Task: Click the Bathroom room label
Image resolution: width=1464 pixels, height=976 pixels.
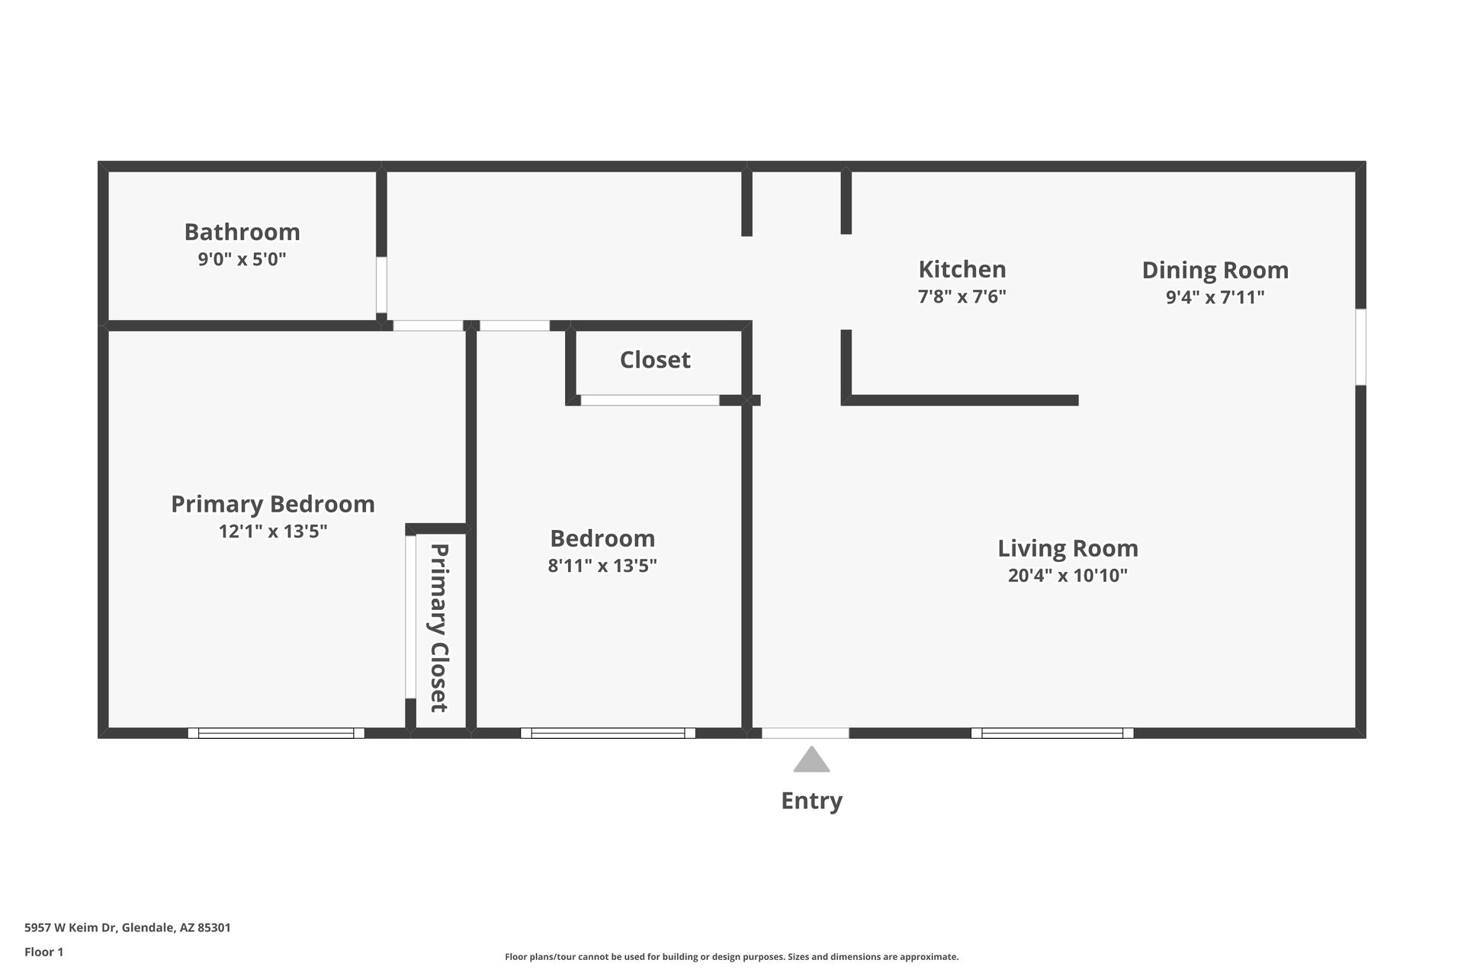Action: (242, 232)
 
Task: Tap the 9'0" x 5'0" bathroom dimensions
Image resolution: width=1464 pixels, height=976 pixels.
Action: (242, 259)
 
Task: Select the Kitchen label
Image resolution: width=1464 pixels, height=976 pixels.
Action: (962, 269)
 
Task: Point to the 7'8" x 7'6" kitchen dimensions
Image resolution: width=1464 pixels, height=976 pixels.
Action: (962, 297)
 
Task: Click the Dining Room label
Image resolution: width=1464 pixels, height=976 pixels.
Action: (1215, 270)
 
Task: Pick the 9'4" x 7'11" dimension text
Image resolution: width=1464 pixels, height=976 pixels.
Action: (1215, 297)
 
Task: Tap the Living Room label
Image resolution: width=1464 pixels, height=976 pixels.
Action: (1067, 548)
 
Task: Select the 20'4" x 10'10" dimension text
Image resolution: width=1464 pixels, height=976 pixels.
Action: (1067, 576)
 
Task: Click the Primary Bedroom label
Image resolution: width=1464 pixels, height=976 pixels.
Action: (273, 504)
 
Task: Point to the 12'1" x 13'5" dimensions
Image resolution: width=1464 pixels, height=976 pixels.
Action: (273, 531)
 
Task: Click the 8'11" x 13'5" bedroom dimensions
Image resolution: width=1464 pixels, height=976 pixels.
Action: (602, 566)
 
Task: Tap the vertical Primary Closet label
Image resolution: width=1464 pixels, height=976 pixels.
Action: (438, 628)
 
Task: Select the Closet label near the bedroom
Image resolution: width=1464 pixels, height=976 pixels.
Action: (655, 360)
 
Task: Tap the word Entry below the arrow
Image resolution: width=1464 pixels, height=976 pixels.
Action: (811, 801)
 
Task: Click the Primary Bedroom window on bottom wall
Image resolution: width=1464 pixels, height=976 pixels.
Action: (276, 734)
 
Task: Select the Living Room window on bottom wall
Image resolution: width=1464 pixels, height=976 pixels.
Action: (1052, 734)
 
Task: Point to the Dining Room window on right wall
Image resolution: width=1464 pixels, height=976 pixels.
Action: (1360, 347)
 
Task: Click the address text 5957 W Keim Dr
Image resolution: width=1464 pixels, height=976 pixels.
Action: (127, 928)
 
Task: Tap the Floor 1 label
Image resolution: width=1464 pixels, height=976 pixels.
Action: (43, 952)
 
